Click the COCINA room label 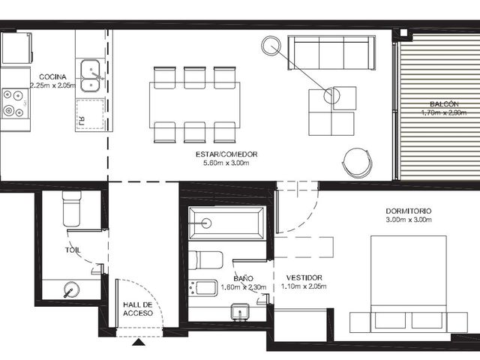[52, 76]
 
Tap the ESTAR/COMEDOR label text [226, 154]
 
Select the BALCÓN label [444, 104]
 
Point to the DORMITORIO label [409, 211]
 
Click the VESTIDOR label [304, 278]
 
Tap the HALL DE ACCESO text [138, 309]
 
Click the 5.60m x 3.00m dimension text [226, 163]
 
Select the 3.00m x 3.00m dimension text [409, 220]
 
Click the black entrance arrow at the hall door [139, 342]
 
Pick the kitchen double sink [90, 76]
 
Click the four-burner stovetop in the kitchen [14, 103]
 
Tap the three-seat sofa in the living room [331, 53]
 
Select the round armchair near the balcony [357, 163]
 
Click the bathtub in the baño [226, 223]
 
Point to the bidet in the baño [203, 288]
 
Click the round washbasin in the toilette [71, 289]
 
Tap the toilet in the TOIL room [72, 208]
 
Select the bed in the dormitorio [409, 284]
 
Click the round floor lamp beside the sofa [271, 45]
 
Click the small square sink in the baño [240, 312]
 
